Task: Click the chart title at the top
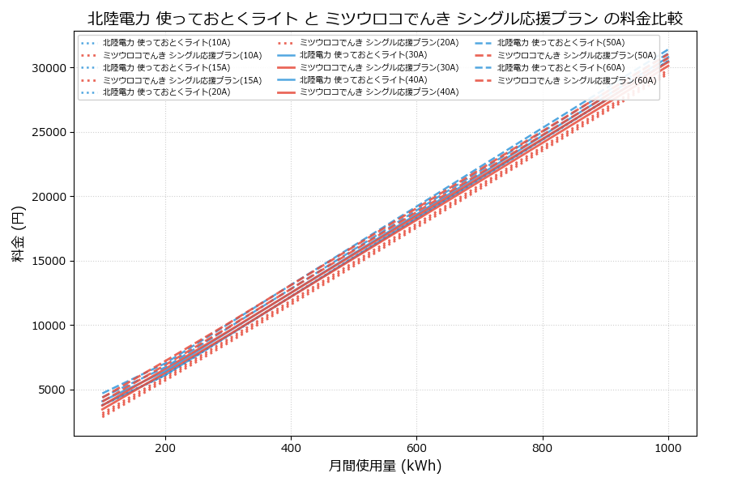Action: pos(385,19)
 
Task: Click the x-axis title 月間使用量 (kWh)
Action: pos(385,466)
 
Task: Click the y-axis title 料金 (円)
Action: pos(19,234)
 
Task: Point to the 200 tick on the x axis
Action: pos(165,447)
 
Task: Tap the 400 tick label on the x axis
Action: pos(291,447)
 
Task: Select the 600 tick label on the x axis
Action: pos(416,447)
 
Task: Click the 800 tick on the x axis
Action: pos(542,447)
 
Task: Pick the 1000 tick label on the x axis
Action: pos(667,447)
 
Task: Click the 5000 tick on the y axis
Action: pos(52,390)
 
